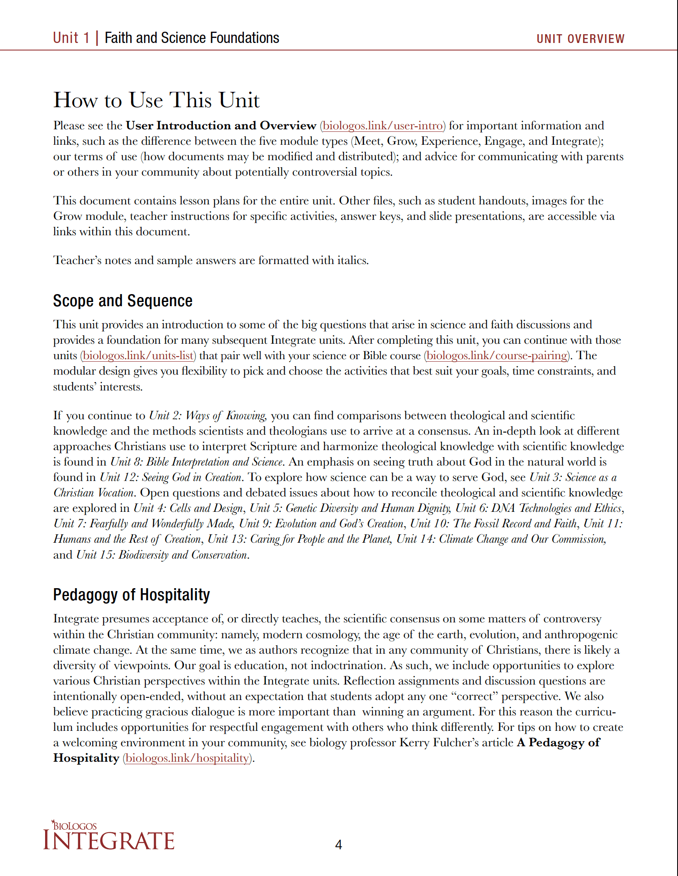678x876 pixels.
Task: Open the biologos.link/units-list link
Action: (x=138, y=355)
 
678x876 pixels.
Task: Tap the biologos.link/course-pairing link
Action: (x=497, y=355)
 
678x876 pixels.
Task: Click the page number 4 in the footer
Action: (x=339, y=845)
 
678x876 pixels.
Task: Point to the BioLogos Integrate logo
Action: (x=109, y=836)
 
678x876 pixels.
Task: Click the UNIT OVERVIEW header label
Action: (x=580, y=39)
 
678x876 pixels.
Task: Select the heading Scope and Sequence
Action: (x=123, y=301)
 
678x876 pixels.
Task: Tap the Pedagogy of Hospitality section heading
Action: (x=132, y=594)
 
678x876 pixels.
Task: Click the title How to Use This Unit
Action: (x=157, y=100)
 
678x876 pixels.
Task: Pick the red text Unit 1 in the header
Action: (x=71, y=38)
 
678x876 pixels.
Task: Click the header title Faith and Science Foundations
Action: (x=192, y=38)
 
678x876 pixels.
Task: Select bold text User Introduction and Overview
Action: (x=221, y=126)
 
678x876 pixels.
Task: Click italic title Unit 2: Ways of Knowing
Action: (x=207, y=415)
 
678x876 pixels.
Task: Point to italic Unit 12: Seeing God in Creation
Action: (x=171, y=477)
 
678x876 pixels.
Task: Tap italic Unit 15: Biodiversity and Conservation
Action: (x=162, y=555)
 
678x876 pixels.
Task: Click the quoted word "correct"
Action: (x=475, y=696)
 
